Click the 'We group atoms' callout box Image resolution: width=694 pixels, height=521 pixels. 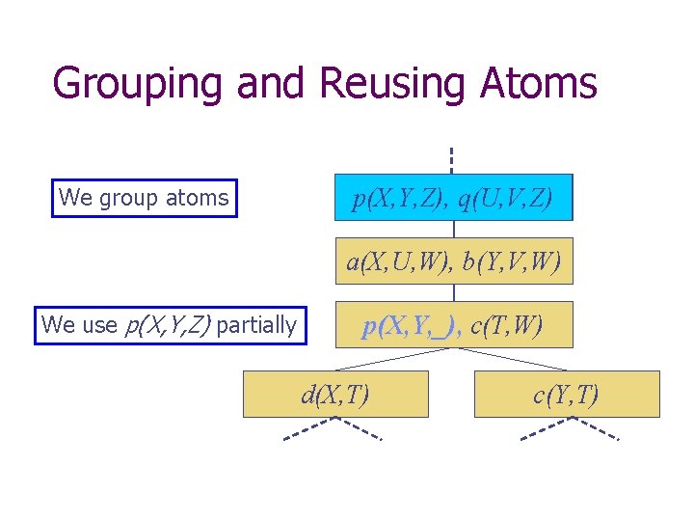144,198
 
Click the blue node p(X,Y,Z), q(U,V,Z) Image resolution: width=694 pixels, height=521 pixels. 453,198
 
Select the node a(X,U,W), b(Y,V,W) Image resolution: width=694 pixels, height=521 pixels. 453,260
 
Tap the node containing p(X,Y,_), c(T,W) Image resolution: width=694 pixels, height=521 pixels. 453,324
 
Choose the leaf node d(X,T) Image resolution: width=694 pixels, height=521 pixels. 334,394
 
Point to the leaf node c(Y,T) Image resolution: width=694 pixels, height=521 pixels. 567,394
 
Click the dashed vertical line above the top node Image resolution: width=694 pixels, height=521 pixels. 450,159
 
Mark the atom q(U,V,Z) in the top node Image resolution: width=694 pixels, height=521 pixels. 506,199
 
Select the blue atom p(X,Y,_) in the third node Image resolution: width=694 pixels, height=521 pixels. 413,326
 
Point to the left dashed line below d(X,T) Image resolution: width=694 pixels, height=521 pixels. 308,430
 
